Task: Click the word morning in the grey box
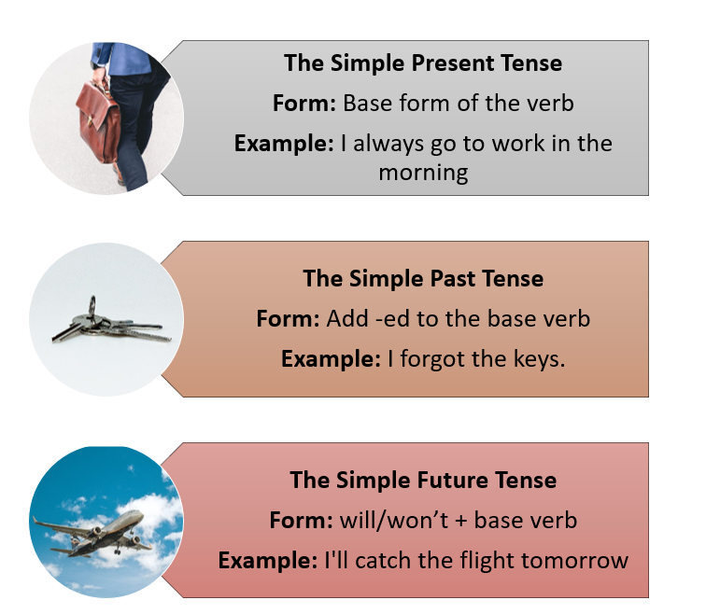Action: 423,173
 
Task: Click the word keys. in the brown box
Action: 536,358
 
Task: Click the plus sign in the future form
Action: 460,521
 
